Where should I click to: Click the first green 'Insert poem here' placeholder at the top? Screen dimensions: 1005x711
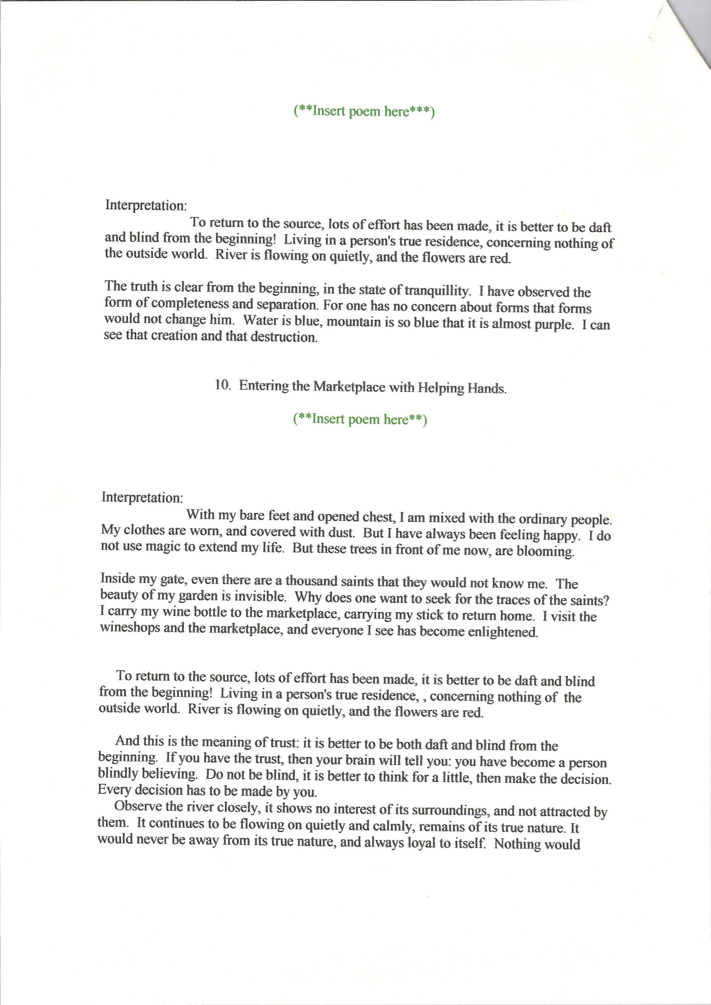point(364,111)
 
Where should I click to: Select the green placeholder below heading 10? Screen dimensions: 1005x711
point(360,419)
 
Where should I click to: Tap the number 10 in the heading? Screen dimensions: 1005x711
point(223,384)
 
